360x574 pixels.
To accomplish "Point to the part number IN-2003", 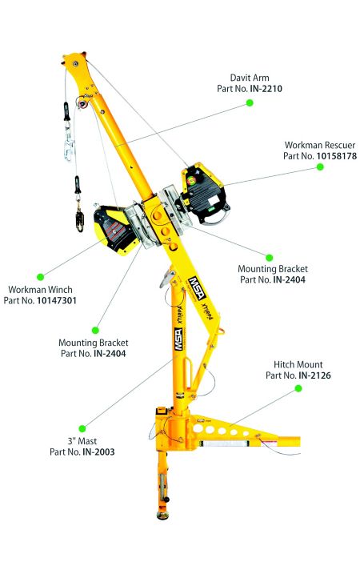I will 98,452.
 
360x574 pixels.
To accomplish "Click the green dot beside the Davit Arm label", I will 250,103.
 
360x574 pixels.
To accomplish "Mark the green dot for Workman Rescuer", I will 319,167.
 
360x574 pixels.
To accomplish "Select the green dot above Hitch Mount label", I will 298,388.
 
